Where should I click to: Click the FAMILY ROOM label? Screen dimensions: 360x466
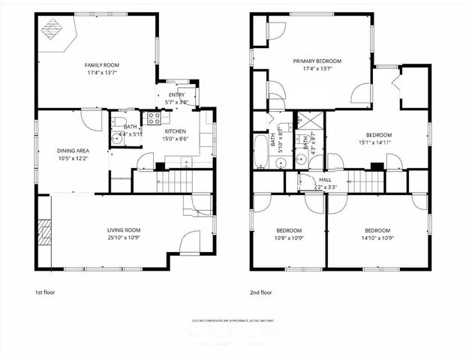(x=101, y=65)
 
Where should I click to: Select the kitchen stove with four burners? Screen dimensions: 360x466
(x=153, y=117)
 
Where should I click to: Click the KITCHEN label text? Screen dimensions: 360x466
(x=175, y=130)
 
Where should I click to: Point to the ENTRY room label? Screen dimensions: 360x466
(x=176, y=95)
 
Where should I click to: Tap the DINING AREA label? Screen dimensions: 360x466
(x=73, y=151)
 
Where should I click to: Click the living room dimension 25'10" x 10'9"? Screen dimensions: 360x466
(x=122, y=238)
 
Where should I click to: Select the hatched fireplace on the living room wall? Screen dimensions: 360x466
(x=44, y=232)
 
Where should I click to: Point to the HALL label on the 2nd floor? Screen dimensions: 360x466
(x=325, y=179)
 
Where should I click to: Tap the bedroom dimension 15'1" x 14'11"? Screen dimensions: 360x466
(x=378, y=142)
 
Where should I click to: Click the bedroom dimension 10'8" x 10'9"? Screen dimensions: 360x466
(x=288, y=238)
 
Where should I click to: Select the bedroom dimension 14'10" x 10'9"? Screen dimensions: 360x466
(x=377, y=238)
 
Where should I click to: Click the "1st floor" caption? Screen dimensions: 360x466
(x=45, y=292)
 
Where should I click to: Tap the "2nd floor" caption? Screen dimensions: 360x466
(x=261, y=292)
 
